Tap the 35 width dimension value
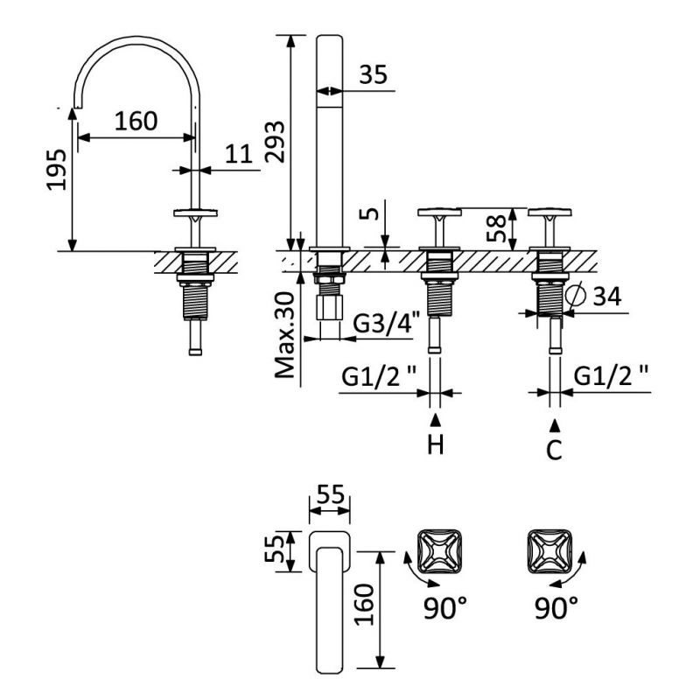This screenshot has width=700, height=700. (374, 75)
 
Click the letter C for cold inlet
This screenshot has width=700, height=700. (555, 451)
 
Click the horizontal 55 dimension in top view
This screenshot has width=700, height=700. (329, 493)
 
